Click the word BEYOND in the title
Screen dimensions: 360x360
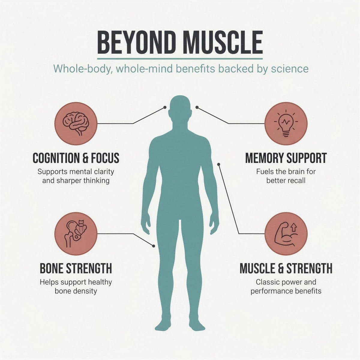pos(135,43)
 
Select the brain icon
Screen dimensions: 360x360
pos(76,124)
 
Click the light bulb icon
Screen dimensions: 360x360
pos(286,123)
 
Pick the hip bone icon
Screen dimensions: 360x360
pos(76,234)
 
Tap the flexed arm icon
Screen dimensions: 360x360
pos(286,234)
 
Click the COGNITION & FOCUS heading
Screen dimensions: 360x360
pos(76,158)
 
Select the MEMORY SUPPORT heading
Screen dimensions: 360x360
pos(286,158)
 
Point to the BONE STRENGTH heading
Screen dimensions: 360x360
pos(76,268)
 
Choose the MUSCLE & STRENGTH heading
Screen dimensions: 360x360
pos(286,268)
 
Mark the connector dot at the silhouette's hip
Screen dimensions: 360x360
pos(154,246)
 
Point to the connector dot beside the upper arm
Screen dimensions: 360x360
pos(219,164)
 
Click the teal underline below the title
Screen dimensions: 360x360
pos(180,59)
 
